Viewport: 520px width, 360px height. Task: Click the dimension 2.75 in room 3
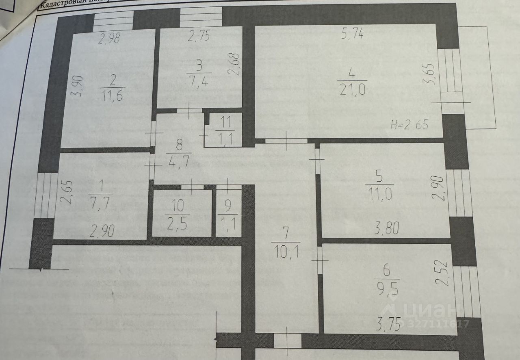tap(199, 37)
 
